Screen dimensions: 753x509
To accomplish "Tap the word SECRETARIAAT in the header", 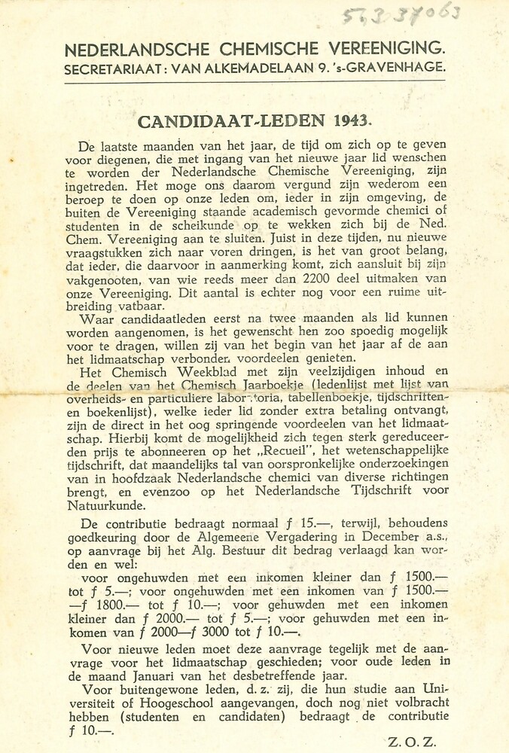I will click(112, 68).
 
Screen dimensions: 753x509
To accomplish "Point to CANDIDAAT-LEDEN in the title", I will click(232, 120).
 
